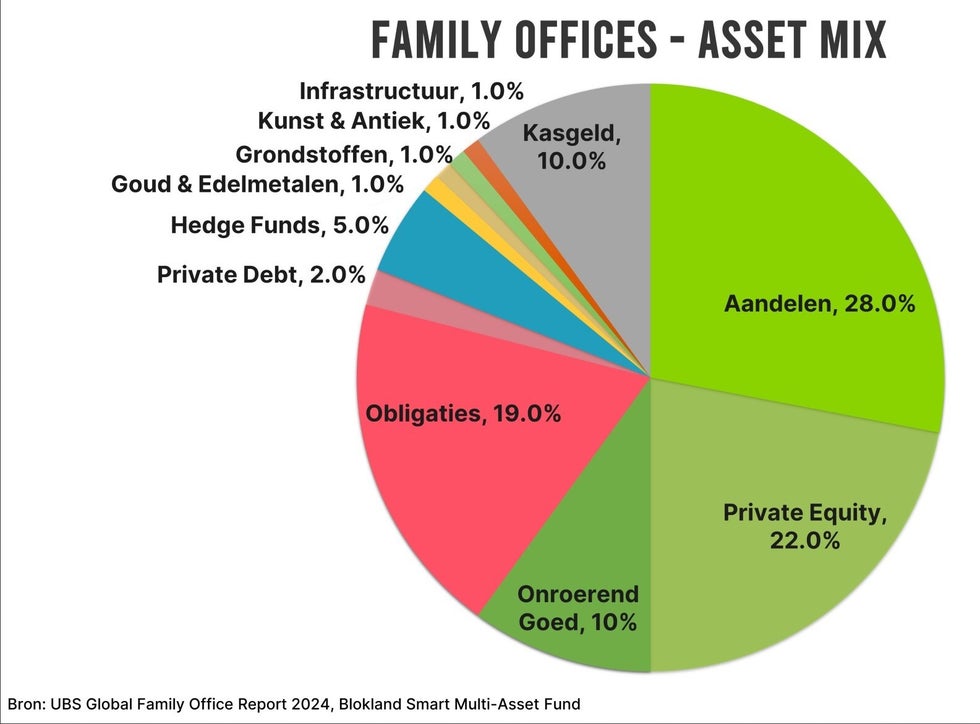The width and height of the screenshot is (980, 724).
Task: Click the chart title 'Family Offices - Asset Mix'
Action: click(x=629, y=41)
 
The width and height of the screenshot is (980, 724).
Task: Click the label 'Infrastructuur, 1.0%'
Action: click(x=411, y=92)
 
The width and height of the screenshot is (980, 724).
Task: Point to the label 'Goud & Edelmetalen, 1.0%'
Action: click(x=257, y=184)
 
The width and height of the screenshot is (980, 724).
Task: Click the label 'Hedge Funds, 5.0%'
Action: click(x=279, y=225)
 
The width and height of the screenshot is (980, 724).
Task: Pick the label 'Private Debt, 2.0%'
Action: click(x=261, y=274)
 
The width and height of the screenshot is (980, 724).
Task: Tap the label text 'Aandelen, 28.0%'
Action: click(x=819, y=304)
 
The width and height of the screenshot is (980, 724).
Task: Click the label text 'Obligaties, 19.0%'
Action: click(x=463, y=413)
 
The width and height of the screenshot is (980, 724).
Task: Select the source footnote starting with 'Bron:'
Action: click(x=294, y=704)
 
